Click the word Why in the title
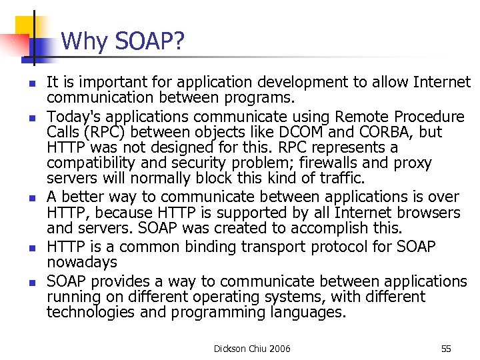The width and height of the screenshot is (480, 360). (x=83, y=42)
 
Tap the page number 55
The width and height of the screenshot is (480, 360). (x=446, y=348)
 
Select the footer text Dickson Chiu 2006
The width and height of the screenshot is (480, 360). (x=252, y=348)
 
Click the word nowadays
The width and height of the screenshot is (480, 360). (x=82, y=263)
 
